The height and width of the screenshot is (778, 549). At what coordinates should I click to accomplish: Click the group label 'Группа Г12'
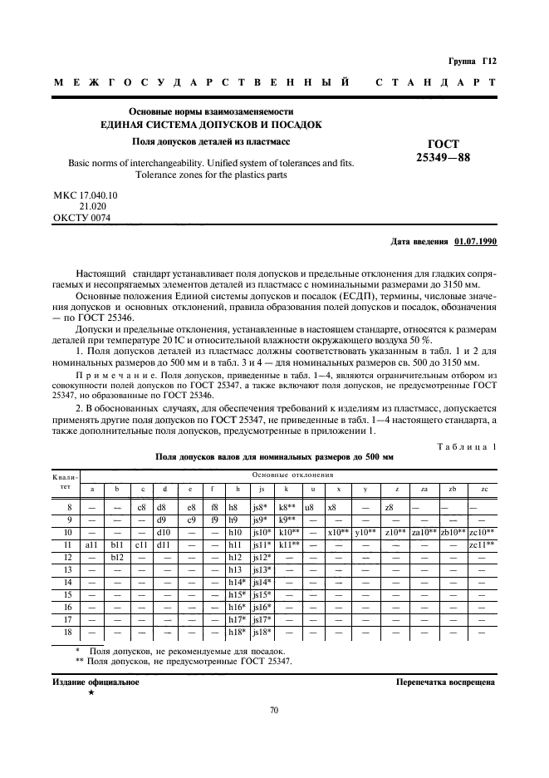point(471,61)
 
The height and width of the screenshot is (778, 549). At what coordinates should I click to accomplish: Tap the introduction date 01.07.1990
point(474,242)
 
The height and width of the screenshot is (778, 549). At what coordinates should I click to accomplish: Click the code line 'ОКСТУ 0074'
point(81,219)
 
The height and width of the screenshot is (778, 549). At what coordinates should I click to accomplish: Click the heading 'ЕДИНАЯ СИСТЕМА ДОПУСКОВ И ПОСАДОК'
point(210,125)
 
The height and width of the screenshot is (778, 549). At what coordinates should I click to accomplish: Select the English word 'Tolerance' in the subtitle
point(159,175)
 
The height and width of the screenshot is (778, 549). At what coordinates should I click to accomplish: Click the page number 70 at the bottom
point(274,710)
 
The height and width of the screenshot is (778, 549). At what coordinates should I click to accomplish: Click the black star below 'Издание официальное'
point(91,692)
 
